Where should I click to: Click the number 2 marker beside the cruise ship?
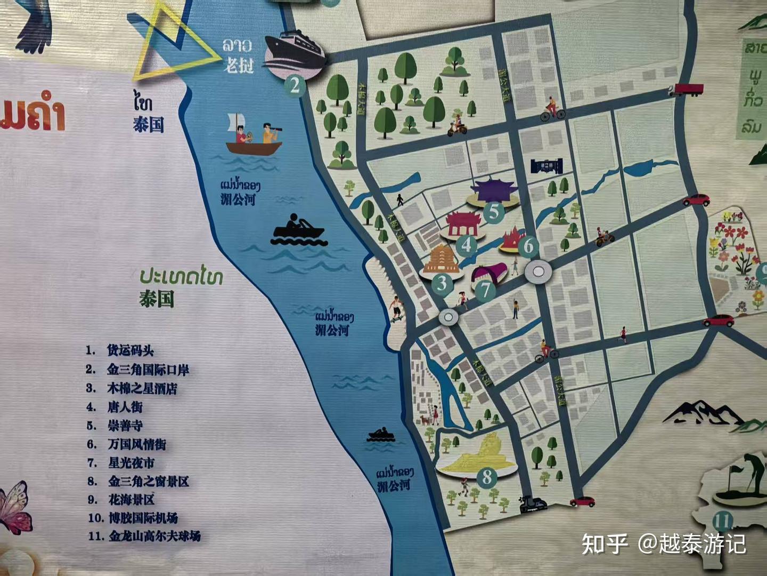pyautogui.click(x=295, y=85)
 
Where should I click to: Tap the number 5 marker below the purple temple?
pyautogui.click(x=494, y=212)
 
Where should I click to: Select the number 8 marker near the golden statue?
pyautogui.click(x=487, y=476)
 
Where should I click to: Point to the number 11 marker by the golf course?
pyautogui.click(x=722, y=521)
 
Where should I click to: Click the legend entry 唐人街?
pyautogui.click(x=125, y=407)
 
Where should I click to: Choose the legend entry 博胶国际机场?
pyautogui.click(x=143, y=517)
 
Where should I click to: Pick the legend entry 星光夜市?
pyautogui.click(x=131, y=462)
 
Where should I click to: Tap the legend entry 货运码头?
pyautogui.click(x=130, y=350)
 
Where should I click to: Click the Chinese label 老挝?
pyautogui.click(x=238, y=66)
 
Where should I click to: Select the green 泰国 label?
pyautogui.click(x=157, y=298)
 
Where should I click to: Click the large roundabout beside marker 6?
pyautogui.click(x=538, y=272)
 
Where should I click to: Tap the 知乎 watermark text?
pyautogui.click(x=605, y=543)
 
